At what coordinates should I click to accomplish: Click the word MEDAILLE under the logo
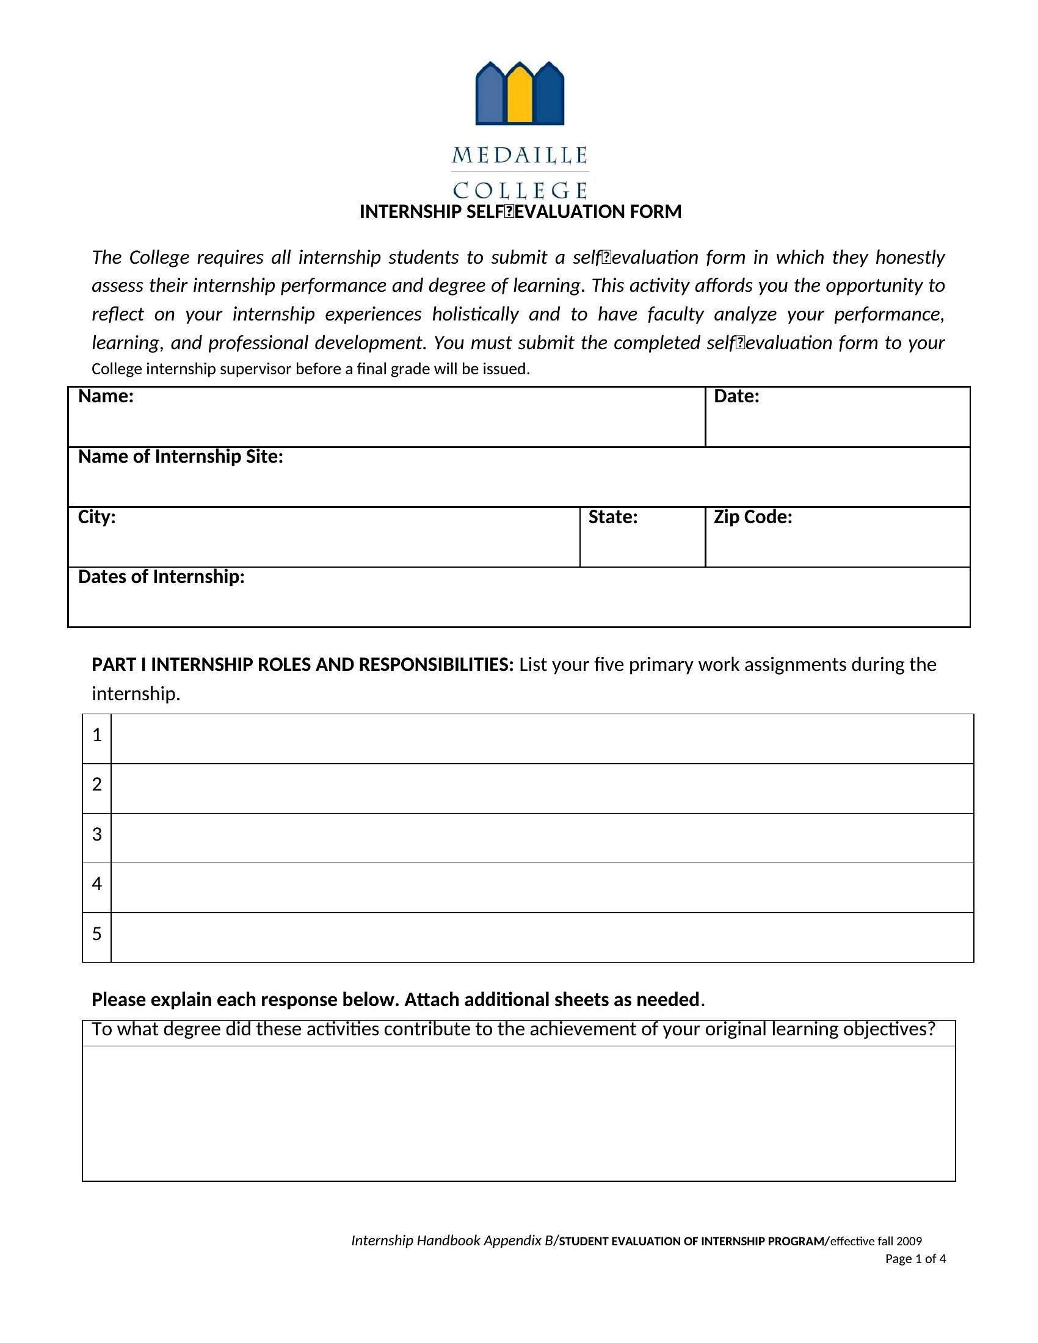pos(520,156)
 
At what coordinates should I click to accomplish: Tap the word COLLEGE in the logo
pos(520,190)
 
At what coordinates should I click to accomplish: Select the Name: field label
pos(106,397)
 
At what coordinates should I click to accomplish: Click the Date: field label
pos(736,397)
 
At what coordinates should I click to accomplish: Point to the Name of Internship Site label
pos(180,457)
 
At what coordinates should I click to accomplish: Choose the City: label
pos(96,517)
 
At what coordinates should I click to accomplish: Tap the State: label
pos(612,517)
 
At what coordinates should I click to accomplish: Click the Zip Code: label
pos(753,517)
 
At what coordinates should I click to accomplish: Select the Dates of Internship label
pos(161,577)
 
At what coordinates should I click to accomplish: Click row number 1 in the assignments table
pos(96,735)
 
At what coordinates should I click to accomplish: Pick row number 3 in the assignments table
pos(96,834)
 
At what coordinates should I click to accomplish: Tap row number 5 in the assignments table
pos(96,934)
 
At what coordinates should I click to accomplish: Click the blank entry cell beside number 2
pos(542,788)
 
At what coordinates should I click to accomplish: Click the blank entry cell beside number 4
pos(542,888)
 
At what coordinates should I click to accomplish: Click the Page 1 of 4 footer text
pos(915,1259)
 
